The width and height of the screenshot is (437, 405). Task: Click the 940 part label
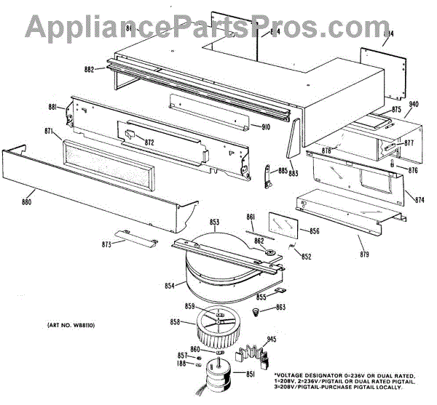click(414, 104)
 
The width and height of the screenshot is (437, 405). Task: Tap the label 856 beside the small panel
click(315, 231)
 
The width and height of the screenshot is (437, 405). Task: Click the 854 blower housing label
click(170, 286)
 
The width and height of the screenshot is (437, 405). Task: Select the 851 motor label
click(250, 374)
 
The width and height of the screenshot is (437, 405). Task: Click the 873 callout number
click(106, 244)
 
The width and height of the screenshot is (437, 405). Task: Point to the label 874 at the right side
click(420, 199)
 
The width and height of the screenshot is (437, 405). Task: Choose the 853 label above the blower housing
click(215, 222)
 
